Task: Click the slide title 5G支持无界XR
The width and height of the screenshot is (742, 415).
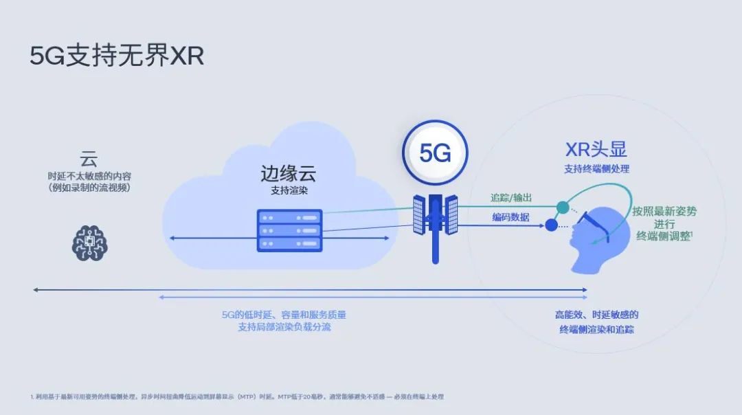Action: click(117, 56)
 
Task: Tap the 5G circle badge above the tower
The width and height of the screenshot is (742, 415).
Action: click(434, 153)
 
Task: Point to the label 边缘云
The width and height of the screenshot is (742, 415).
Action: click(289, 172)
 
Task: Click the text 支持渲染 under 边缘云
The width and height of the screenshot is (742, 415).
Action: click(289, 190)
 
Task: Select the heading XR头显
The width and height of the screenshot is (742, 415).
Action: click(596, 150)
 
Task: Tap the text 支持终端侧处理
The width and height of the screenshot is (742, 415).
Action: click(596, 168)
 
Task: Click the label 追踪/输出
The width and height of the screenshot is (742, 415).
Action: click(510, 197)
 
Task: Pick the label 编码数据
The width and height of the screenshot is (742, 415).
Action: click(510, 216)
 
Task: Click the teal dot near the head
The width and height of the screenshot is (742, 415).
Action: click(563, 207)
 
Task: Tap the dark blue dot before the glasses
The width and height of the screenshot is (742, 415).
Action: click(551, 224)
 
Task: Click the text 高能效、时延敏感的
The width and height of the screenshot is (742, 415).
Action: click(596, 315)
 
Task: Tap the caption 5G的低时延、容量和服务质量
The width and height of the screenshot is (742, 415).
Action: click(284, 315)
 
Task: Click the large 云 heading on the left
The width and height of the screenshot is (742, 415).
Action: click(89, 159)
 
